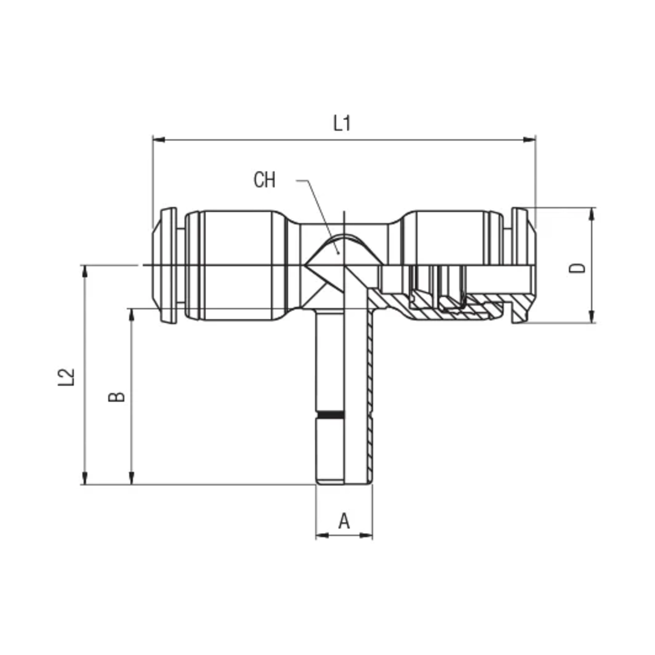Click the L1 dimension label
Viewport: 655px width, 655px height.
point(342,123)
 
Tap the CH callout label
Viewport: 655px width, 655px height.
point(264,180)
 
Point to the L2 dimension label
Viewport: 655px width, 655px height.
point(66,377)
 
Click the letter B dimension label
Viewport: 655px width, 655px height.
point(117,397)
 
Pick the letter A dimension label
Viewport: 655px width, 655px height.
point(344,521)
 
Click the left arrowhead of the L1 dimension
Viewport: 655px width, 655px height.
point(159,139)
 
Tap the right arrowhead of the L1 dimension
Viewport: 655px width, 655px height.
point(529,139)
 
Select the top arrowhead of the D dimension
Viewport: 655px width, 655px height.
point(592,214)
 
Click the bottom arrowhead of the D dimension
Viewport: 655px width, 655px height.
point(592,317)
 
